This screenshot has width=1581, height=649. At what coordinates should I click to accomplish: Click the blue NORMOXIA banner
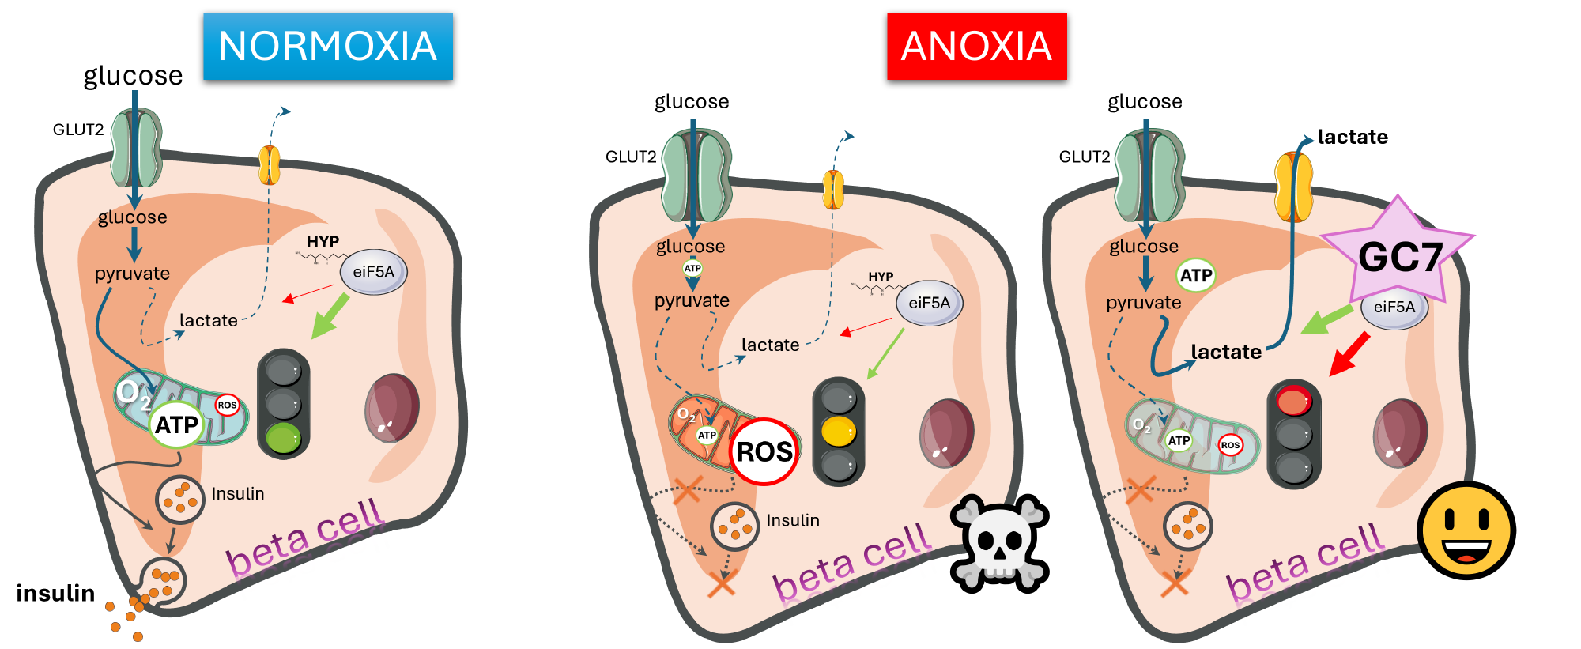[327, 46]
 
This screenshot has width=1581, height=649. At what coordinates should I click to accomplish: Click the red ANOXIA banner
[976, 46]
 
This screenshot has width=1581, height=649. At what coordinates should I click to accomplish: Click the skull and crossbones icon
[1000, 543]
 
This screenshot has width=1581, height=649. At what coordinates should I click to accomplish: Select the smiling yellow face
[1466, 530]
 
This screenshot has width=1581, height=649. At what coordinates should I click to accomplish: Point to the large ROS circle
[764, 451]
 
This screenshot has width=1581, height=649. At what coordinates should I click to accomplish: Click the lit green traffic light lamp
[283, 437]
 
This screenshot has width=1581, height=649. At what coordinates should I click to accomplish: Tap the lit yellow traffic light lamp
[838, 432]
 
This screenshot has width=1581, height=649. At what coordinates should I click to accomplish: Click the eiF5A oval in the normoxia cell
[373, 272]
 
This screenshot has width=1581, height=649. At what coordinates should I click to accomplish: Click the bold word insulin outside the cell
[55, 593]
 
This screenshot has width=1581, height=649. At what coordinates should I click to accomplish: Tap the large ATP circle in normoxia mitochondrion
[176, 424]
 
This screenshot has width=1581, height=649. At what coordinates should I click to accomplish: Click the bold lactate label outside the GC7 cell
[1353, 137]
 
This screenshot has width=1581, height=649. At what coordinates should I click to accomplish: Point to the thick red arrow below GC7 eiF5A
[1349, 353]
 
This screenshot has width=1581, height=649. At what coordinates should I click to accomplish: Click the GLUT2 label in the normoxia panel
[78, 130]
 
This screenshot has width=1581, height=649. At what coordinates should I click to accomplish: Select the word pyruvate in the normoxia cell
[132, 274]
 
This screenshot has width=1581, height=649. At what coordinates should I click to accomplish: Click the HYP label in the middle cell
[881, 277]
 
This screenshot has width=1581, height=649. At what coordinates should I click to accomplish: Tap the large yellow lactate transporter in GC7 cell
[1293, 188]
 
